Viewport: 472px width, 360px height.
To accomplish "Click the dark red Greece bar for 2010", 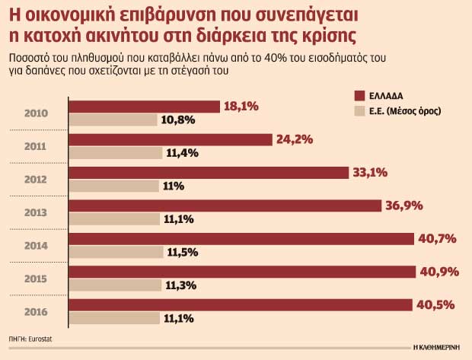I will (145, 107).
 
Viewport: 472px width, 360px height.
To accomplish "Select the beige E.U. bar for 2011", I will (114, 152).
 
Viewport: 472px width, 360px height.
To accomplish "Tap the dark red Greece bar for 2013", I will (225, 205).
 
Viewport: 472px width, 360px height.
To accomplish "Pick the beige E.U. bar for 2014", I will (114, 251).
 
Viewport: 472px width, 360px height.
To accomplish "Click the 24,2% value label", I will (294, 139).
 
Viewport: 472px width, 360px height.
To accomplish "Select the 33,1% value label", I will (371, 173).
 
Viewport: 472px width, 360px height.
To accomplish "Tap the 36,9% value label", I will (403, 205).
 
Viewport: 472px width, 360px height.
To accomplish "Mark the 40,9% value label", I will (438, 272).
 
